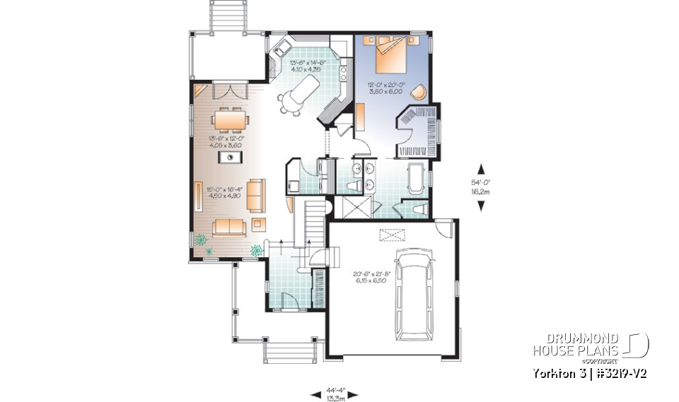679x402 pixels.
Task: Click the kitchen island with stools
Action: [x=298, y=93]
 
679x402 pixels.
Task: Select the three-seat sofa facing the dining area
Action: [x=229, y=226]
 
